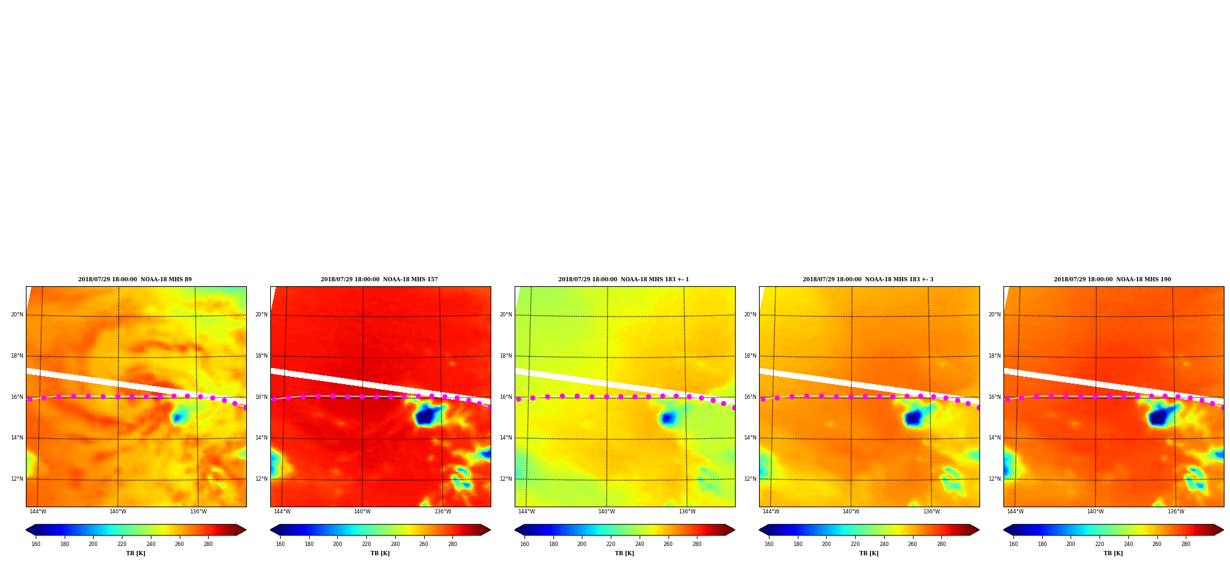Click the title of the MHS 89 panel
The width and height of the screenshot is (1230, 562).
click(135, 279)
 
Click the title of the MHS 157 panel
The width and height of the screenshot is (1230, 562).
click(379, 279)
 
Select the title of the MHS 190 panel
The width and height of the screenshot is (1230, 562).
click(1112, 279)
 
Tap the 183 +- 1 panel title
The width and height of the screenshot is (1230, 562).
click(624, 279)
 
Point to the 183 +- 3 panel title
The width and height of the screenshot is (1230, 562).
click(868, 279)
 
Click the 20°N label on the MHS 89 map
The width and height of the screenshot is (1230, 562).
click(17, 315)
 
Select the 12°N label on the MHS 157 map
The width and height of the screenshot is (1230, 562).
click(261, 479)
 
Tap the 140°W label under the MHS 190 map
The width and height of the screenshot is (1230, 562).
click(1095, 512)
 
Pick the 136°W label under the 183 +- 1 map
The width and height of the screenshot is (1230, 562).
click(687, 512)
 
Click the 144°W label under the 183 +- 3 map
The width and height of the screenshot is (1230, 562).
click(771, 512)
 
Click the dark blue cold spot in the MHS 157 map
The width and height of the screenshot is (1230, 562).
click(427, 417)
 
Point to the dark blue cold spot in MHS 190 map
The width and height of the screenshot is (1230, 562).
click(1160, 417)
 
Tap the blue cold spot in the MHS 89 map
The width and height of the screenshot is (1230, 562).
click(178, 418)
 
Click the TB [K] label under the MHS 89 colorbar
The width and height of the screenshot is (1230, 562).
click(135, 553)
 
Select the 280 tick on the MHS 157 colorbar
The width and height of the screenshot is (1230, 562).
click(452, 544)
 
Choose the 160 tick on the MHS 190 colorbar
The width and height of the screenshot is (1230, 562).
click(1013, 544)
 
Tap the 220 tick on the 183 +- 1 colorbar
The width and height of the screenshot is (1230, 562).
click(611, 544)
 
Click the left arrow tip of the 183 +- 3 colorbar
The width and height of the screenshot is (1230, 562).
click(759, 530)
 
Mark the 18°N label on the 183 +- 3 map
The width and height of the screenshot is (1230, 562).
click(750, 356)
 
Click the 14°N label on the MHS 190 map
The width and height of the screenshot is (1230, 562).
click(994, 438)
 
